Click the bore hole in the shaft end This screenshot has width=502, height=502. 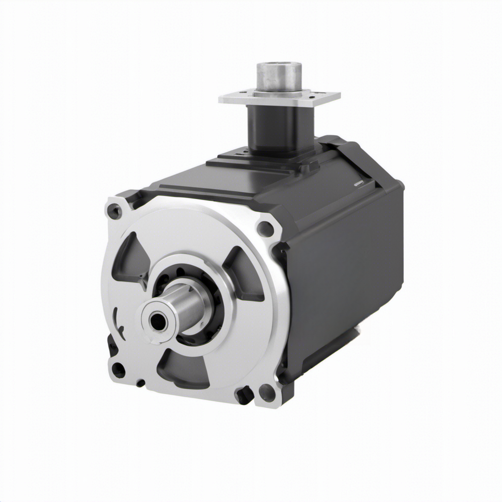click(157, 322)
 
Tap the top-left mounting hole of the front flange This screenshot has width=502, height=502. click(114, 212)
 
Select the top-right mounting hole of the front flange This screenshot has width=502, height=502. click(265, 228)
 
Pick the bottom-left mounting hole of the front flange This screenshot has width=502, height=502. click(118, 369)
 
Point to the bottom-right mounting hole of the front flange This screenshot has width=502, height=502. click(267, 392)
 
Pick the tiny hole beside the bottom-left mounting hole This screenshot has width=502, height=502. click(141, 383)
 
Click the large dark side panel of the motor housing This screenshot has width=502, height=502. click(348, 275)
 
